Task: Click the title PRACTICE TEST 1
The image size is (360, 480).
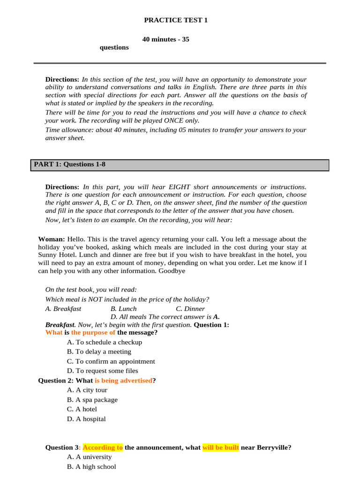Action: pos(175,20)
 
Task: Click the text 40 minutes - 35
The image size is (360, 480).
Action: pos(165,39)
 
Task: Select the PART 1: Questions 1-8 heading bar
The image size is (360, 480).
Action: pos(180,165)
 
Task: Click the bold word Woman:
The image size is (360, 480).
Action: pos(52,239)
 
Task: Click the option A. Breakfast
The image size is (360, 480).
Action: pos(63,308)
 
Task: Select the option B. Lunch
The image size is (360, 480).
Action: pos(124,308)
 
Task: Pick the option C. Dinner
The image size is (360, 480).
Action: pos(190,308)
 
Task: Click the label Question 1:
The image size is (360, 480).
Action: pos(211,324)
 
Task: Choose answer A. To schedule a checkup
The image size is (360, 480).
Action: pos(105,342)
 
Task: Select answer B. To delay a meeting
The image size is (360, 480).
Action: pos(99,352)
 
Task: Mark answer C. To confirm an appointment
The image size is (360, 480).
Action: pos(111,361)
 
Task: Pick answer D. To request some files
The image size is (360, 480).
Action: pos(102,371)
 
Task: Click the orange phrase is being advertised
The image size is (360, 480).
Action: pos(123,381)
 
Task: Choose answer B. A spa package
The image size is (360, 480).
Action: pos(92,400)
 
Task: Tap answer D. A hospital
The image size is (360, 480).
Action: pos(86,419)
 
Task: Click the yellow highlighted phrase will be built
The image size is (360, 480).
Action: pos(221,448)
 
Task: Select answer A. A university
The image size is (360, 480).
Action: pos(89,457)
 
